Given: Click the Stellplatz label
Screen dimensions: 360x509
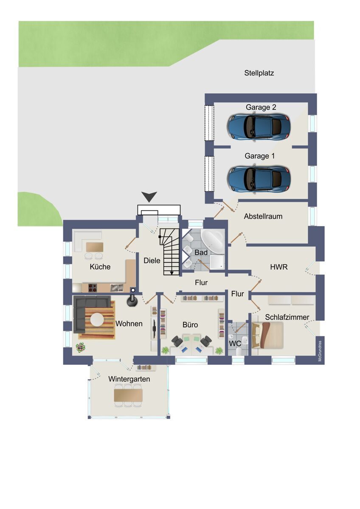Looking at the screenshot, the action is click(x=259, y=73).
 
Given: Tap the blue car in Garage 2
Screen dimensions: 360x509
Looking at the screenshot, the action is click(x=259, y=126).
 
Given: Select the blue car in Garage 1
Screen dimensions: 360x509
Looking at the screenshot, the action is click(x=259, y=179).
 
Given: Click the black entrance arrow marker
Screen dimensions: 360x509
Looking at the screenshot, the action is click(x=149, y=196).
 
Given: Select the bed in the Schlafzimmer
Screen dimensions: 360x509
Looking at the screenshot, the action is click(x=267, y=335).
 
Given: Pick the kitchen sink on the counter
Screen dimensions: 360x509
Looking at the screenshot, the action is click(x=117, y=288).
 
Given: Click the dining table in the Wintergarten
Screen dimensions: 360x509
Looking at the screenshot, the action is click(x=128, y=395).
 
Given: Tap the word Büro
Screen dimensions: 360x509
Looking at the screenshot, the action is click(x=190, y=325).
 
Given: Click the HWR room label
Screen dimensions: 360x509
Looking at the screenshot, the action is click(x=279, y=267).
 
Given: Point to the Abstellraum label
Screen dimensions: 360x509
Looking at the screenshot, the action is click(x=263, y=216).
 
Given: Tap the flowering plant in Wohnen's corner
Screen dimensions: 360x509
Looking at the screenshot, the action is click(x=81, y=347).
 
